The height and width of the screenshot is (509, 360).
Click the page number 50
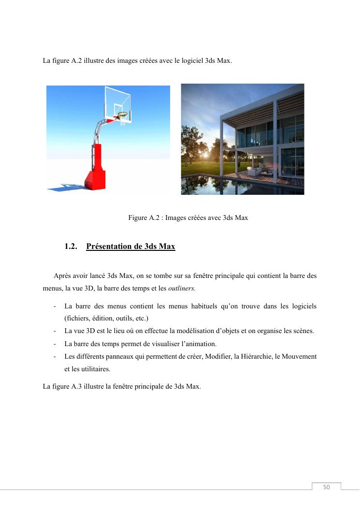tap(326, 487)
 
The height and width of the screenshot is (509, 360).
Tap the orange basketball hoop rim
tap(123, 115)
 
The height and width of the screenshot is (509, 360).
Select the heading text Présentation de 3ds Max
tap(130, 247)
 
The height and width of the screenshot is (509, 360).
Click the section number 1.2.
tap(71, 247)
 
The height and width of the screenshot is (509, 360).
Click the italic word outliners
tap(181, 288)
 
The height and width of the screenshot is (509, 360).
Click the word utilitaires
tap(94, 369)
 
